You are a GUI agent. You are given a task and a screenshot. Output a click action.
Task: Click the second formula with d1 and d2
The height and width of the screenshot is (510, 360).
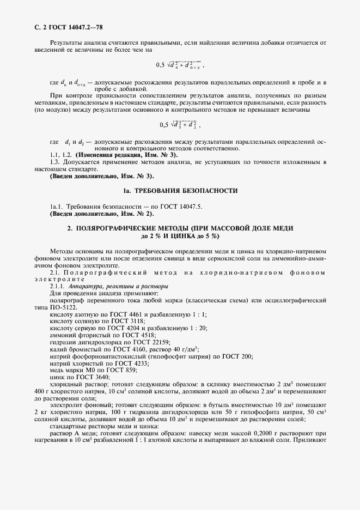(x=178, y=124)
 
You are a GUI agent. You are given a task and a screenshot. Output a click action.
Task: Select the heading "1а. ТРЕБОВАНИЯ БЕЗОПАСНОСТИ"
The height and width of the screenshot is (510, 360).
(x=180, y=191)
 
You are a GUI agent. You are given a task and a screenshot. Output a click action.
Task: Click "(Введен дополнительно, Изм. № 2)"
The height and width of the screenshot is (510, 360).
(x=102, y=214)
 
